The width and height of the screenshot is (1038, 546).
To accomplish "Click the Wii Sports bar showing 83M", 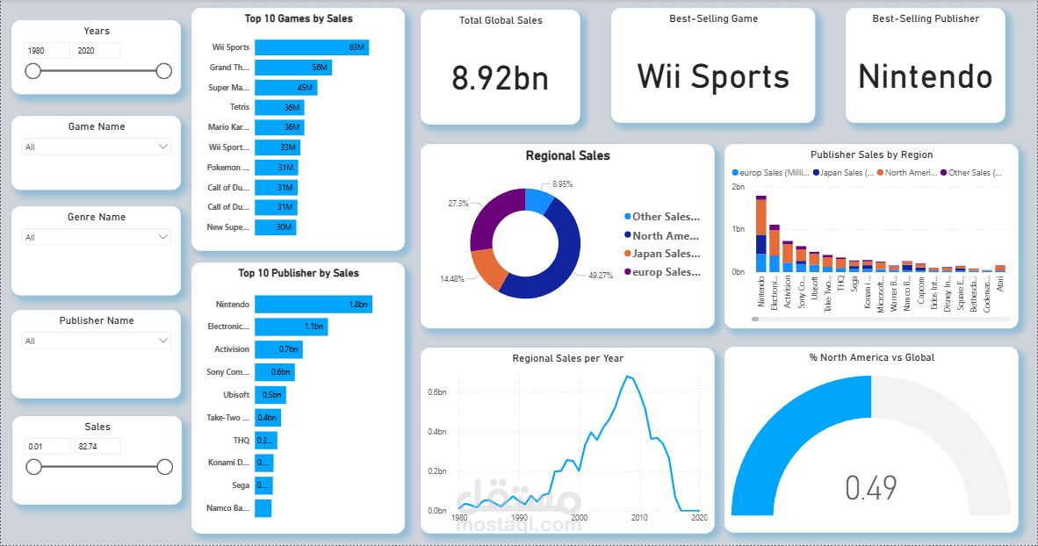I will [311, 47].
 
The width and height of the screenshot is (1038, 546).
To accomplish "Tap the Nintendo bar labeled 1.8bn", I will [313, 305].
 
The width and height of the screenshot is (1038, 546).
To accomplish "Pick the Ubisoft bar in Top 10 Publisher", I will [270, 395].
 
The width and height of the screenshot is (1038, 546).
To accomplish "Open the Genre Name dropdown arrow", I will [162, 237].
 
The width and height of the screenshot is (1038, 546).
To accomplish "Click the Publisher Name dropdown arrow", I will [162, 341].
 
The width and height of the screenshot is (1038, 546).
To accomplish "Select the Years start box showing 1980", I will [47, 51].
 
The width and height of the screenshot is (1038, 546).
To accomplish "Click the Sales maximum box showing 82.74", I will [97, 447].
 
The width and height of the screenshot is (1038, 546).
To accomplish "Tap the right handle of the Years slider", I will [163, 71].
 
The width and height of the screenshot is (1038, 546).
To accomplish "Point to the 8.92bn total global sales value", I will [500, 78].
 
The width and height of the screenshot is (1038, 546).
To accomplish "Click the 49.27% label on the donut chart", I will [588, 275].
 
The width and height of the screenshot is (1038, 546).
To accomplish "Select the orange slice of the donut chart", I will [488, 269].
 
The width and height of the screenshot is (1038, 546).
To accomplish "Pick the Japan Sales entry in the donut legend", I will [665, 254].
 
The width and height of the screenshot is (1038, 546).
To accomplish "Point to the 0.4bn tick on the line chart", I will [436, 432].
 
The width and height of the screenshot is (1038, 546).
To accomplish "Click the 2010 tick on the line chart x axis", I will [638, 518].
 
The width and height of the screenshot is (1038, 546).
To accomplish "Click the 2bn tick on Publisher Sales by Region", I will [738, 187].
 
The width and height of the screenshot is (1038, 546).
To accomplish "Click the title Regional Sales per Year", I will [567, 358].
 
